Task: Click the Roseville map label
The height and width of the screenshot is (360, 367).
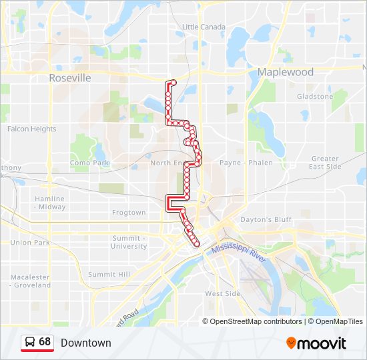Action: point(70,78)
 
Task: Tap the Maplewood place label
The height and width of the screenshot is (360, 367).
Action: point(286,72)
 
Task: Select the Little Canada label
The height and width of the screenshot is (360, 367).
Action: point(204,27)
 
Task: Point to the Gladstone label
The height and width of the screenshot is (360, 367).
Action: point(315,97)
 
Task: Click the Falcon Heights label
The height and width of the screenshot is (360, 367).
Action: point(32,129)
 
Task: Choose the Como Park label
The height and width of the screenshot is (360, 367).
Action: point(89,163)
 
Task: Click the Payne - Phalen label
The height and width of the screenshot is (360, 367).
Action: point(247,163)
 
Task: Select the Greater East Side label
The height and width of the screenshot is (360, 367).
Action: point(325,163)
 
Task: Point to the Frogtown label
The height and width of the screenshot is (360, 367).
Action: point(129,213)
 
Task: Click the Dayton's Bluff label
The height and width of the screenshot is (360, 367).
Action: point(266,219)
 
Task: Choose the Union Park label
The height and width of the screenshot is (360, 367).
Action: point(30,243)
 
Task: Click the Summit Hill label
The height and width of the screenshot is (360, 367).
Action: point(110,274)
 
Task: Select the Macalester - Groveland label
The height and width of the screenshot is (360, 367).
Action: point(30,281)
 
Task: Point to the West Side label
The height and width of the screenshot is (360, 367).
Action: point(222,294)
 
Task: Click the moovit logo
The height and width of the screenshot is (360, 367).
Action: point(316,343)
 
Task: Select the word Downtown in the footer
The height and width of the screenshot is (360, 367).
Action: point(86,343)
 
